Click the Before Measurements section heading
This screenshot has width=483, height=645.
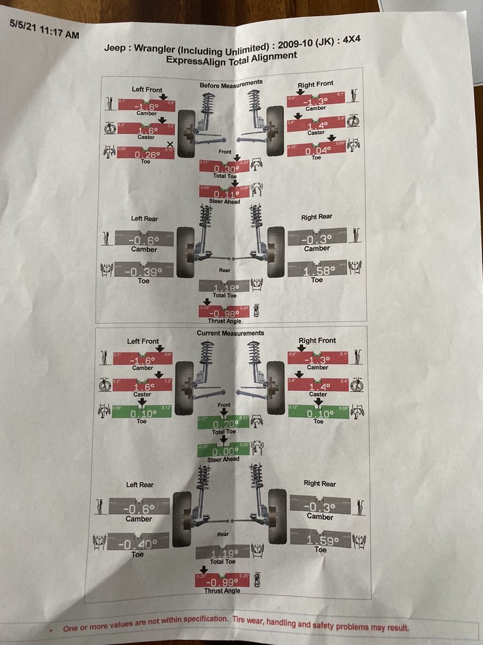point(231,83)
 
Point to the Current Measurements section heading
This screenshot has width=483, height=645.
point(231,333)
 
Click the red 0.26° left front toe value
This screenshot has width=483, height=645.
point(144,155)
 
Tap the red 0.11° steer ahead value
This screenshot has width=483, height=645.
point(225,193)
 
